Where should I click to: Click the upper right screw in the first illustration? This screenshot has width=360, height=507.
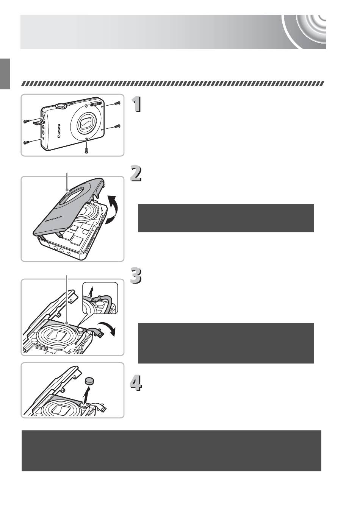(x=118, y=103)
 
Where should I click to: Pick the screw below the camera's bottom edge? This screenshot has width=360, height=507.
(x=87, y=150)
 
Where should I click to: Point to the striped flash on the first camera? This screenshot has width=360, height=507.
(x=96, y=104)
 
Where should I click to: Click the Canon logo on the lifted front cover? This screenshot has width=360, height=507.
(x=51, y=219)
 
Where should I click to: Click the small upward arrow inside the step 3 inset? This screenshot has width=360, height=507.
(x=89, y=291)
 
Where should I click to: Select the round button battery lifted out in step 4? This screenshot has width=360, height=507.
(x=90, y=381)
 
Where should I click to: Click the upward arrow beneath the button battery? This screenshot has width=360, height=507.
(x=88, y=395)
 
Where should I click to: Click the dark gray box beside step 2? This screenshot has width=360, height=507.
(x=225, y=218)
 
